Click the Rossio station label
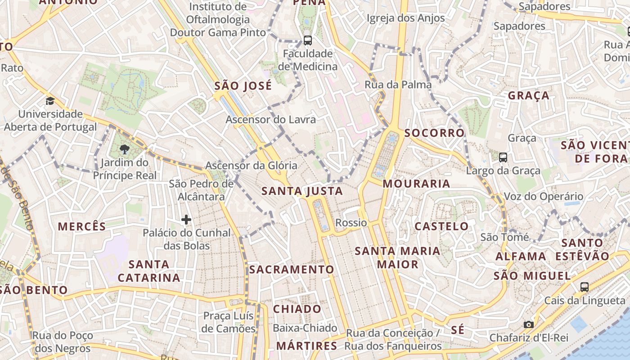click(351, 223)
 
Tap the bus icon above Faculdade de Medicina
click(308, 40)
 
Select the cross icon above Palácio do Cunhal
click(186, 220)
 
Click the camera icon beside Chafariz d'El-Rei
click(529, 324)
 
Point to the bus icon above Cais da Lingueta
click(584, 287)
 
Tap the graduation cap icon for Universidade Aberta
click(50, 101)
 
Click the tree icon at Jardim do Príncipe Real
click(125, 149)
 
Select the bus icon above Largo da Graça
click(503, 157)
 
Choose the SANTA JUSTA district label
click(302, 191)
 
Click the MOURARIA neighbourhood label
click(416, 184)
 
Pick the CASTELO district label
click(441, 226)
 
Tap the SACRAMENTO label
click(292, 270)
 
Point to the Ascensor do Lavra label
click(270, 120)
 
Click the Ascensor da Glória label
click(251, 166)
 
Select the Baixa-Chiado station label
click(305, 328)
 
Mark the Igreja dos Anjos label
click(405, 18)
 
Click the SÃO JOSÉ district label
click(243, 86)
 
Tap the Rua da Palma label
click(398, 85)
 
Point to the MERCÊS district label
click(82, 226)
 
